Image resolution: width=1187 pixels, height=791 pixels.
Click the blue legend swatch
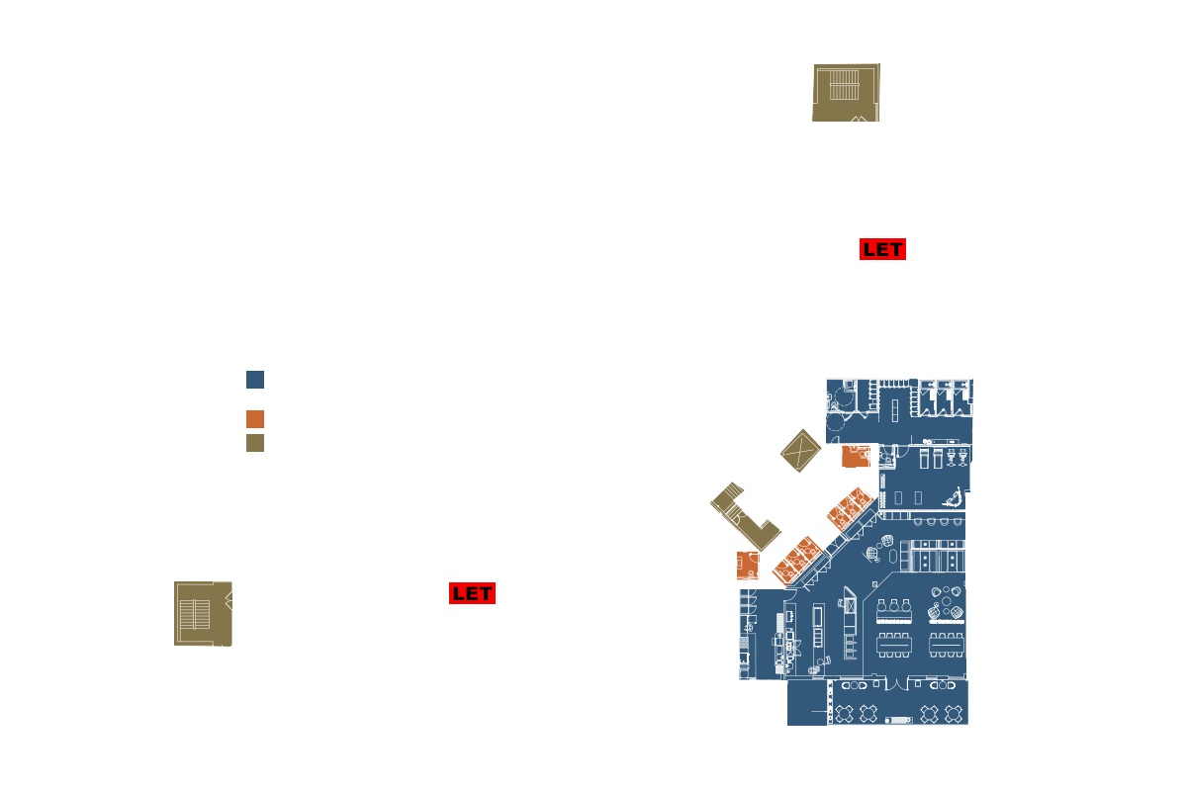pos(255,380)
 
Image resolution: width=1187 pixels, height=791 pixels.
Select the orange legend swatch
pos(255,419)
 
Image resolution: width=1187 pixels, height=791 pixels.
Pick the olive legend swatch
pos(255,443)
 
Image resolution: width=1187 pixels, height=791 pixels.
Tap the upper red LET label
pos(882,249)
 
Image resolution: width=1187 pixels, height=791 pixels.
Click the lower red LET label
pos(472,593)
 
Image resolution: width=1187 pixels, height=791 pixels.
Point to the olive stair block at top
pos(846,93)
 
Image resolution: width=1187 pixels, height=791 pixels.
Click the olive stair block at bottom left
pos(203,613)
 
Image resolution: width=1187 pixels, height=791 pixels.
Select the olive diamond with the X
pos(800,450)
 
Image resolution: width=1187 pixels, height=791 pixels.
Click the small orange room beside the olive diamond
pos(856,456)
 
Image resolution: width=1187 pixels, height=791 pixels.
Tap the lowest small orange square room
pos(747,566)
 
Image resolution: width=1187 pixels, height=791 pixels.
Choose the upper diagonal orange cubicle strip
pos(850,508)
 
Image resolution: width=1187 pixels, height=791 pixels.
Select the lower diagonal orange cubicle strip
pos(797,560)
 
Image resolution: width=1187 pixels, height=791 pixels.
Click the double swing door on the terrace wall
pos(896,684)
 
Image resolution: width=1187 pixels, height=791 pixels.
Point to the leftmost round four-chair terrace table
pos(844,714)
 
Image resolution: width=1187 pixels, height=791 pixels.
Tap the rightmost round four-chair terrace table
pos(953,714)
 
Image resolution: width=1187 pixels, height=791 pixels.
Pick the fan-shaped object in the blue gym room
pos(954,497)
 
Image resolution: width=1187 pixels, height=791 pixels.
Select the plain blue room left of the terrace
pos(806,703)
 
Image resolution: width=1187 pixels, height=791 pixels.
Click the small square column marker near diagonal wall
pos(874,584)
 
